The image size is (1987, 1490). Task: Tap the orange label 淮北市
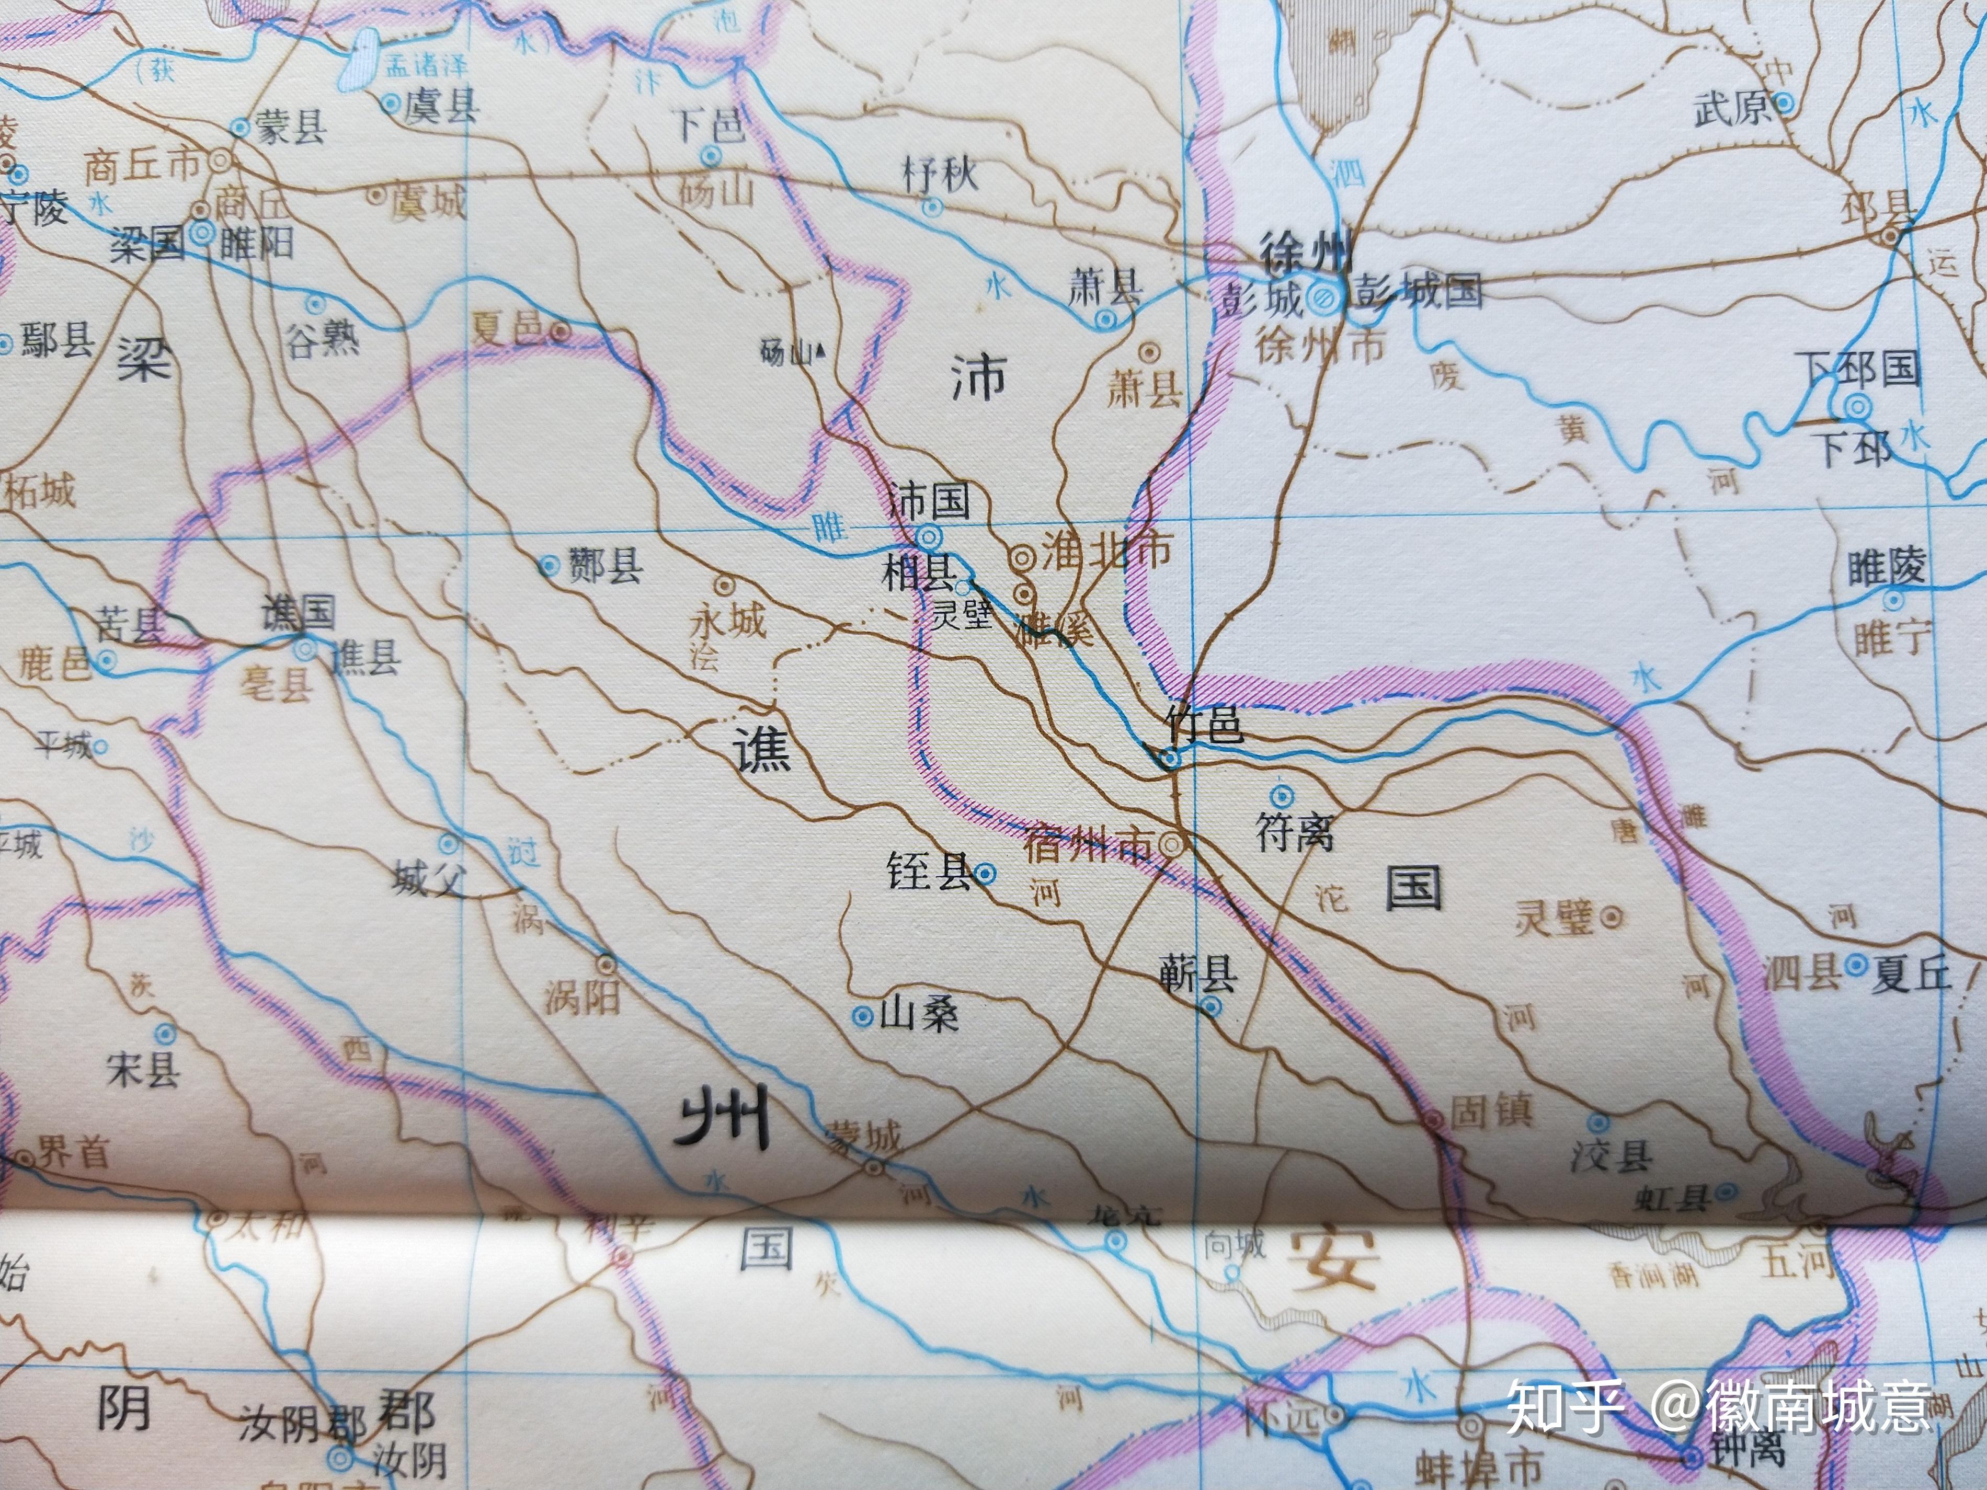click(x=1106, y=549)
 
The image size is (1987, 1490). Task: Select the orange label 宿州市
click(x=1087, y=845)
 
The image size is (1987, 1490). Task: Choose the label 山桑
click(x=918, y=1015)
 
